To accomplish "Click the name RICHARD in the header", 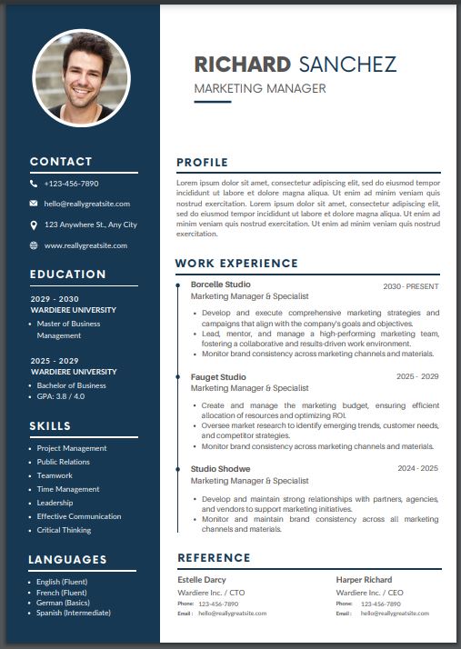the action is (242, 65).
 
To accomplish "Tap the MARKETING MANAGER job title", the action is (260, 88).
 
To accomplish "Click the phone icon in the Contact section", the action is (34, 184).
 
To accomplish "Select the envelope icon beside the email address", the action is (34, 204).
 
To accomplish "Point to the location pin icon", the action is (34, 225).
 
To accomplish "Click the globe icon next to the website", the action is (34, 245).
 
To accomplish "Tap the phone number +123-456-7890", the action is (71, 184).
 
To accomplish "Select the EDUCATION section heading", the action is (67, 274).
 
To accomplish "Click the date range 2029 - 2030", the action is (55, 299).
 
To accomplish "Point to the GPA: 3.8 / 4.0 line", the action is (61, 396).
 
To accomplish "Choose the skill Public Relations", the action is (64, 462).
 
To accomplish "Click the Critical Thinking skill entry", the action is (64, 530).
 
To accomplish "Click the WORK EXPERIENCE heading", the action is (236, 264).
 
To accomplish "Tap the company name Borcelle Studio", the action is (221, 285).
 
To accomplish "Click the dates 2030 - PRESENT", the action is (410, 286).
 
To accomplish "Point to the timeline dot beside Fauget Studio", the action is (177, 376).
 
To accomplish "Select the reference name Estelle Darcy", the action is (202, 579).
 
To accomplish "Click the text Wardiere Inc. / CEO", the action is (368, 592).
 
